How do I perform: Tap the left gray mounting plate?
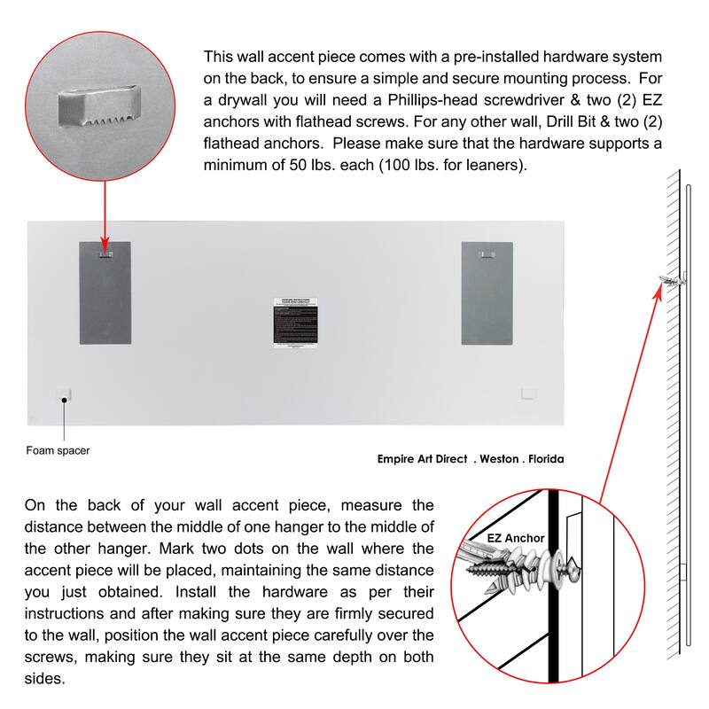[105, 292]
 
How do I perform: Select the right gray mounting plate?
[487, 292]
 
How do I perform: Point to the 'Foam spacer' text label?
[57, 451]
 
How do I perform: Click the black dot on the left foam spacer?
[64, 401]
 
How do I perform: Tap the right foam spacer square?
[530, 392]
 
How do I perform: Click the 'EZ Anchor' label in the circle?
[516, 538]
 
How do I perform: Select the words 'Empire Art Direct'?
[422, 459]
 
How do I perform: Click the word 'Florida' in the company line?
[543, 459]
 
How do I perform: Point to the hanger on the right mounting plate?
[486, 254]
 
